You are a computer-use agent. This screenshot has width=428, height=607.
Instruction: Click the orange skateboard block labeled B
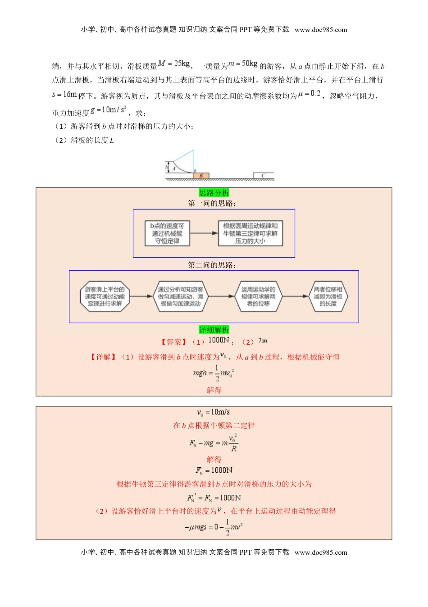(201, 176)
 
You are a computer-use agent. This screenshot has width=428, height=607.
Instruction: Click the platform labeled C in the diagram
(264, 175)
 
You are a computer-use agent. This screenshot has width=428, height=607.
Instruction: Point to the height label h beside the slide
(167, 167)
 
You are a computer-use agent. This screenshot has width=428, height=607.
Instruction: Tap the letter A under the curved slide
(173, 169)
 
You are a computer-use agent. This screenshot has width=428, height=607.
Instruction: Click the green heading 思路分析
(214, 193)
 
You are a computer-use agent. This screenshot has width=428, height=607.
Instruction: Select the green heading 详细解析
(214, 330)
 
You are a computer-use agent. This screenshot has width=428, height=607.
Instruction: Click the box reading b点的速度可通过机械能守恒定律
(167, 233)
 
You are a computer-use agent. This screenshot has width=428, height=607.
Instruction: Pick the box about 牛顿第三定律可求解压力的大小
(250, 233)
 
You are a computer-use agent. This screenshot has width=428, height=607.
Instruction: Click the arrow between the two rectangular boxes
(204, 233)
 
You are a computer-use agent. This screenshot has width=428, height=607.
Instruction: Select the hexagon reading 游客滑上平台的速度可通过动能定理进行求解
(105, 297)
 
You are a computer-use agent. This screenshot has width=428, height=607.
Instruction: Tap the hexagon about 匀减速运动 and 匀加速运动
(180, 297)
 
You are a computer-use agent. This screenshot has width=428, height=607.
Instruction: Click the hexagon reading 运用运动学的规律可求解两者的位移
(258, 297)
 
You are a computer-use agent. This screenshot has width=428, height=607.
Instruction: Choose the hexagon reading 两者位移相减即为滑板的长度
(328, 297)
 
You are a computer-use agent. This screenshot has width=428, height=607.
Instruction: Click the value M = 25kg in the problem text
(174, 64)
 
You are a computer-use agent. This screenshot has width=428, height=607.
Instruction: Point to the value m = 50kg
(243, 64)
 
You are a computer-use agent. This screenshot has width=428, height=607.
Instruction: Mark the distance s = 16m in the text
(64, 95)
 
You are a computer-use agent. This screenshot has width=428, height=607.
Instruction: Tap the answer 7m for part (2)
(263, 341)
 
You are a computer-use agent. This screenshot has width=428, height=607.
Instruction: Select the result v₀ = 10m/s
(214, 412)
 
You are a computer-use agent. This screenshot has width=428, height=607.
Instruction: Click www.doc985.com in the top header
(321, 30)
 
